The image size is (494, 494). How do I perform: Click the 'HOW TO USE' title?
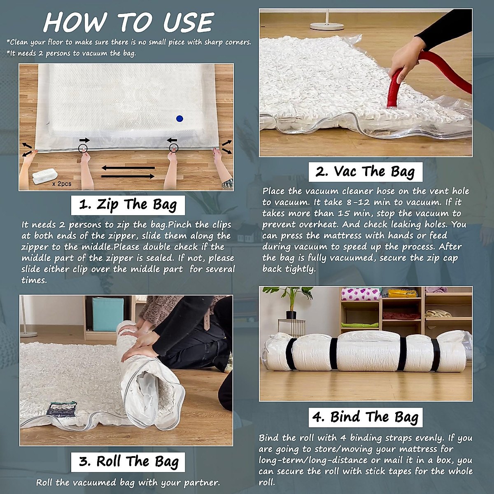[x=128, y=23]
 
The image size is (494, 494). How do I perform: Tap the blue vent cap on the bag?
[x=179, y=119]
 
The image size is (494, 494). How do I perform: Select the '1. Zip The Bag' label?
[x=128, y=205]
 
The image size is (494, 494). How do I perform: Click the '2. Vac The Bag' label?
[x=365, y=171]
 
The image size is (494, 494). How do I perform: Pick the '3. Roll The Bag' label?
[x=128, y=461]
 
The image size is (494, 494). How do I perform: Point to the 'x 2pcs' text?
[x=62, y=184]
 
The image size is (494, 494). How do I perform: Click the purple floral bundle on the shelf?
[x=361, y=294]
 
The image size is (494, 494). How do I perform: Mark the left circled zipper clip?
[x=84, y=149]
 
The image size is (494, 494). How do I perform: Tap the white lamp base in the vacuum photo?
[x=327, y=26]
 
